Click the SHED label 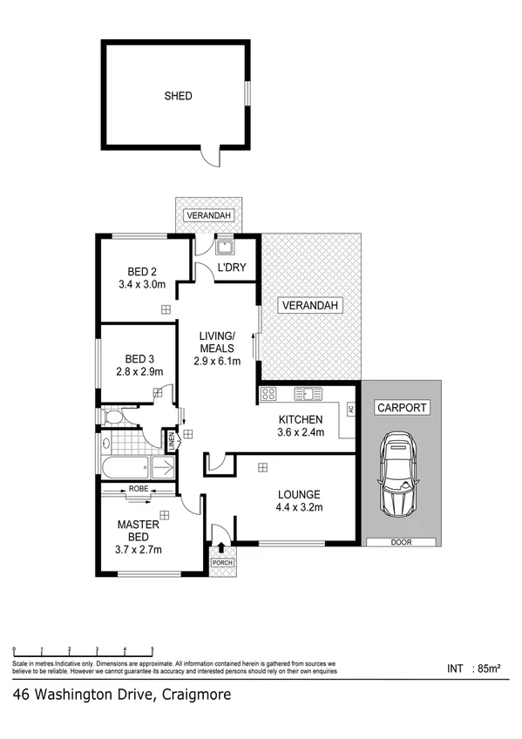click(177, 96)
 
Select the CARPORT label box click(401, 407)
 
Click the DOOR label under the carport click(401, 542)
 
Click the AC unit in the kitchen click(351, 409)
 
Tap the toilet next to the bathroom click(114, 417)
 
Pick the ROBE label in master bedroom click(139, 489)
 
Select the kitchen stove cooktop click(268, 393)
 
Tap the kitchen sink click(308, 393)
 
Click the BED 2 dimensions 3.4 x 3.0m click(141, 283)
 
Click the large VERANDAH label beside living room click(310, 305)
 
